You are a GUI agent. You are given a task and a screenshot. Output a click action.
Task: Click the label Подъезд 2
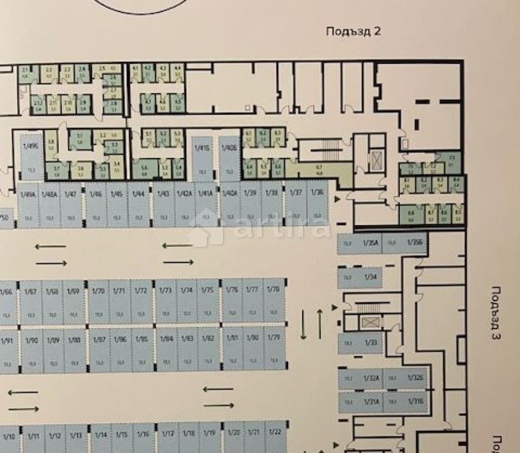pos(353,31)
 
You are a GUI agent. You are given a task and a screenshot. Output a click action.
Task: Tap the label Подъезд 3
pos(495,313)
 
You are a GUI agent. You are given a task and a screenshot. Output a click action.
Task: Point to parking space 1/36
pos(317,204)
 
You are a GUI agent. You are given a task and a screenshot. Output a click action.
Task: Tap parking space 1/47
pos(71,205)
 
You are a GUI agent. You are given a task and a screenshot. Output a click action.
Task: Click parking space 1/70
pos(98,301)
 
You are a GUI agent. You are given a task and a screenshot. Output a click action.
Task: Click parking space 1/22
pos(274,440)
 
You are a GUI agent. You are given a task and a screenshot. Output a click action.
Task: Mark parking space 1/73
pos(165,301)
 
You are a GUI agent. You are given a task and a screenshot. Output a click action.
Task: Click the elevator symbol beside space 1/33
pos(369,322)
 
